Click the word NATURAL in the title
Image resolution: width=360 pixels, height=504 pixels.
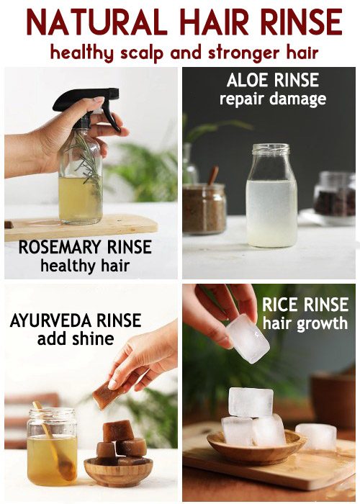pyautogui.click(x=96, y=22)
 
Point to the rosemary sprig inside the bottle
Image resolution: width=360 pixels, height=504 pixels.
pyautogui.click(x=89, y=165)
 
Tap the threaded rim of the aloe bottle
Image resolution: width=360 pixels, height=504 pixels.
pyautogui.click(x=271, y=149)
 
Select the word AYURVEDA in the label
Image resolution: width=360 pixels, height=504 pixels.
pyautogui.click(x=51, y=320)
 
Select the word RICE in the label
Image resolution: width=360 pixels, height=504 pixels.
pyautogui.click(x=280, y=305)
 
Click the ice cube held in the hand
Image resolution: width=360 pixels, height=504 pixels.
pyautogui.click(x=247, y=338)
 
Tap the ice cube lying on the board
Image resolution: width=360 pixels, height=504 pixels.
pyautogui.click(x=316, y=436)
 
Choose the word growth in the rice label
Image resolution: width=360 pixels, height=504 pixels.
pyautogui.click(x=322, y=324)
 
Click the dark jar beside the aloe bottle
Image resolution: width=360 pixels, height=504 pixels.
pyautogui.click(x=334, y=194)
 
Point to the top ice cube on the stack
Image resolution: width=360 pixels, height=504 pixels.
pyautogui.click(x=251, y=402)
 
